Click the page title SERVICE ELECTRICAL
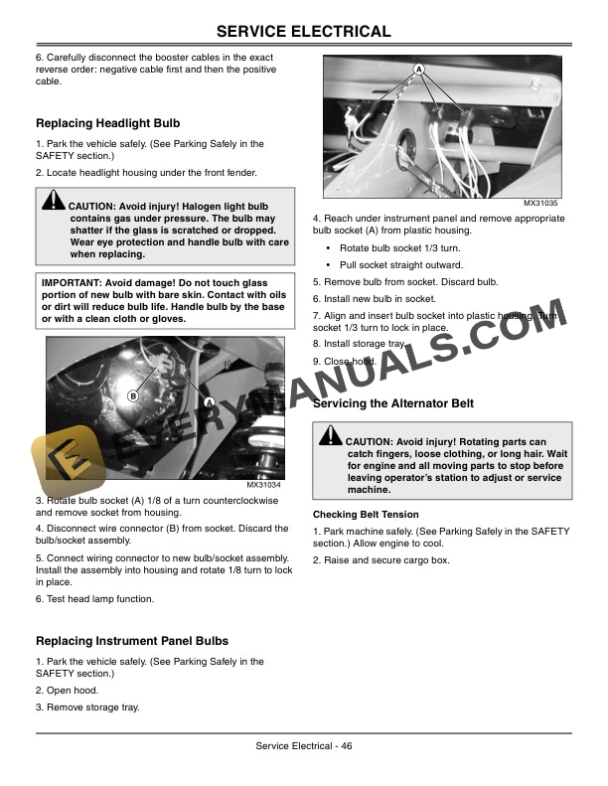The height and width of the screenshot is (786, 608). pyautogui.click(x=304, y=32)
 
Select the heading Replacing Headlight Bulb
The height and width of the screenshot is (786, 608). pyautogui.click(x=107, y=124)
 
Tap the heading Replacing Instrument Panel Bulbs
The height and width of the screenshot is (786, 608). pyautogui.click(x=131, y=641)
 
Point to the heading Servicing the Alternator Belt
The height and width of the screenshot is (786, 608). pyautogui.click(x=392, y=403)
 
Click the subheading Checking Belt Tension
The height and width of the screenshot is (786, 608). pyautogui.click(x=366, y=515)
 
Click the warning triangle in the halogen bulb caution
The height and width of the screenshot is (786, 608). pyautogui.click(x=53, y=203)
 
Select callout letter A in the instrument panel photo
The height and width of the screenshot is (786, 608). pyautogui.click(x=419, y=69)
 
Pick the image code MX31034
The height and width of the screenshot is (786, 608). pyautogui.click(x=263, y=485)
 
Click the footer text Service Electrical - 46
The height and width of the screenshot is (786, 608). pyautogui.click(x=304, y=746)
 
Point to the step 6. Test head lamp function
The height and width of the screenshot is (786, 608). pyautogui.click(x=94, y=599)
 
